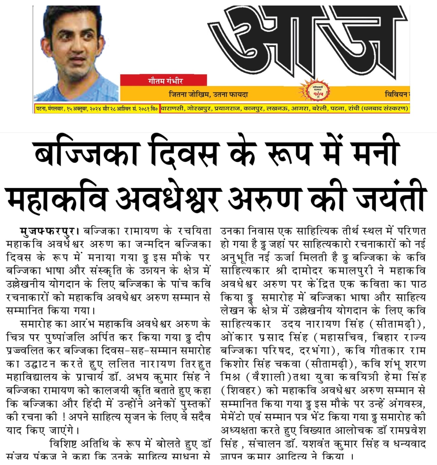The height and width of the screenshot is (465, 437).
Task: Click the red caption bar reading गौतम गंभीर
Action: [164, 81]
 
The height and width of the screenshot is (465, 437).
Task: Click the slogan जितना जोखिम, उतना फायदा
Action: [208, 94]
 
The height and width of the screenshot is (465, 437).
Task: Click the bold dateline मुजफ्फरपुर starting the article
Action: [48, 231]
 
